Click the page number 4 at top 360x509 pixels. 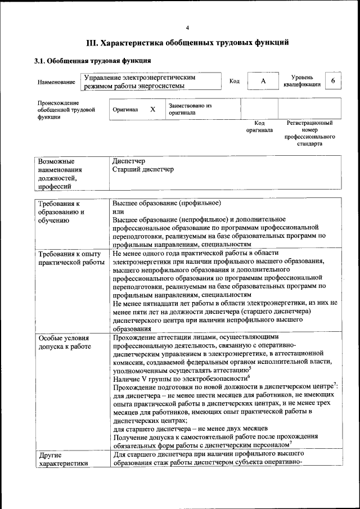pos(187,28)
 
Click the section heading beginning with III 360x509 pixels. pos(187,42)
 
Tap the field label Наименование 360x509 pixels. pos(56,82)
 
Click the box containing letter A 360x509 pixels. pos(263,82)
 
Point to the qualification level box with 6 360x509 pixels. pos(333,81)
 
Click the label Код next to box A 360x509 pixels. pos(235,82)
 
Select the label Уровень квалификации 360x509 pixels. pos(302,81)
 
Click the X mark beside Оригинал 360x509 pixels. pos(152,109)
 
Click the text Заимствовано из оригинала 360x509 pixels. pos(190,109)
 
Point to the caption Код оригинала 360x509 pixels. pos(259,126)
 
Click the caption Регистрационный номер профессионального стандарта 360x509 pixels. pos(310,133)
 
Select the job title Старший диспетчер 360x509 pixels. pos(143,169)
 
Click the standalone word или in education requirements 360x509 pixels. pos(118,211)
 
